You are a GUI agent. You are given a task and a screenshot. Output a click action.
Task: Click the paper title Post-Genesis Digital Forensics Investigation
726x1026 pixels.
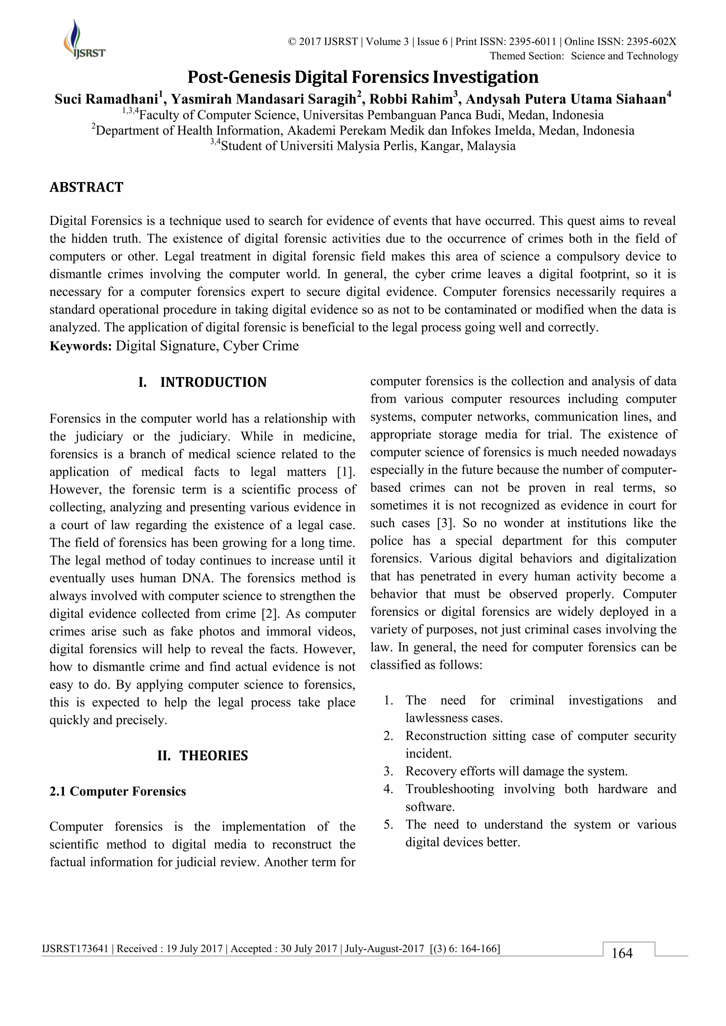pos(363,77)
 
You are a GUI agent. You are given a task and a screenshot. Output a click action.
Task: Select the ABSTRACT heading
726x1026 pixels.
pos(86,187)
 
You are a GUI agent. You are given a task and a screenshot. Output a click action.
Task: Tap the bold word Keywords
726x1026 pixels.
pos(80,346)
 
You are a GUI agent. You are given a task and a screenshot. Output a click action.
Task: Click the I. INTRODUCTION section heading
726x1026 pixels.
pos(202,383)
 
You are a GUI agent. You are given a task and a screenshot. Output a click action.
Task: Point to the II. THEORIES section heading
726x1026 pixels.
pos(202,756)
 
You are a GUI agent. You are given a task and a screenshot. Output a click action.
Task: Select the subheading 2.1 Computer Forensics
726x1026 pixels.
pos(118,791)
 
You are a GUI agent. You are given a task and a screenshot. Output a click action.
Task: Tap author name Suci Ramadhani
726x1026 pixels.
pos(106,99)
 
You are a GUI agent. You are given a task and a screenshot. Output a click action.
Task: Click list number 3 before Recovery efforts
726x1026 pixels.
pos(388,772)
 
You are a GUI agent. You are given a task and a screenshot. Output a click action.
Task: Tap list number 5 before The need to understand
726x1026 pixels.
pos(388,825)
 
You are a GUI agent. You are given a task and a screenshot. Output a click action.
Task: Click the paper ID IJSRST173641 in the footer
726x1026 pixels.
pos(75,949)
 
